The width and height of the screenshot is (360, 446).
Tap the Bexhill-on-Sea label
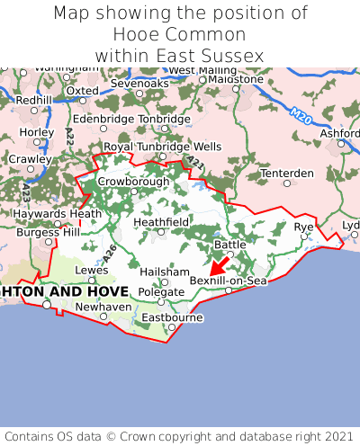coord(229,281)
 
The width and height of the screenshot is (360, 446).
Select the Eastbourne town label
coord(171,317)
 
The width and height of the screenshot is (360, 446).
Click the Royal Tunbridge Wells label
coord(162,147)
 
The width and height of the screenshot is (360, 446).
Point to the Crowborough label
coord(133,181)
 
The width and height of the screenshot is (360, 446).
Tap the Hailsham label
coord(165,272)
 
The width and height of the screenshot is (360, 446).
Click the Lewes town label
coord(91,269)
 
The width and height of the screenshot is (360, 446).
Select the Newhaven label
coord(103,306)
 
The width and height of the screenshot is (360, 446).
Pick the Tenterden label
coord(286,173)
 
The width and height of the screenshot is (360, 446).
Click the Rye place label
coord(304,227)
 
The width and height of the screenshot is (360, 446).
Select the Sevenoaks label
coord(139,84)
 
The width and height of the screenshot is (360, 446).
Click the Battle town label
coord(229,245)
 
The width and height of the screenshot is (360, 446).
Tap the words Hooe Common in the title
coord(180,34)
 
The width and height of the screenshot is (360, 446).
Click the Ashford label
coord(339,134)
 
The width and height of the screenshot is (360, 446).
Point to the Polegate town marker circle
coord(161,301)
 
